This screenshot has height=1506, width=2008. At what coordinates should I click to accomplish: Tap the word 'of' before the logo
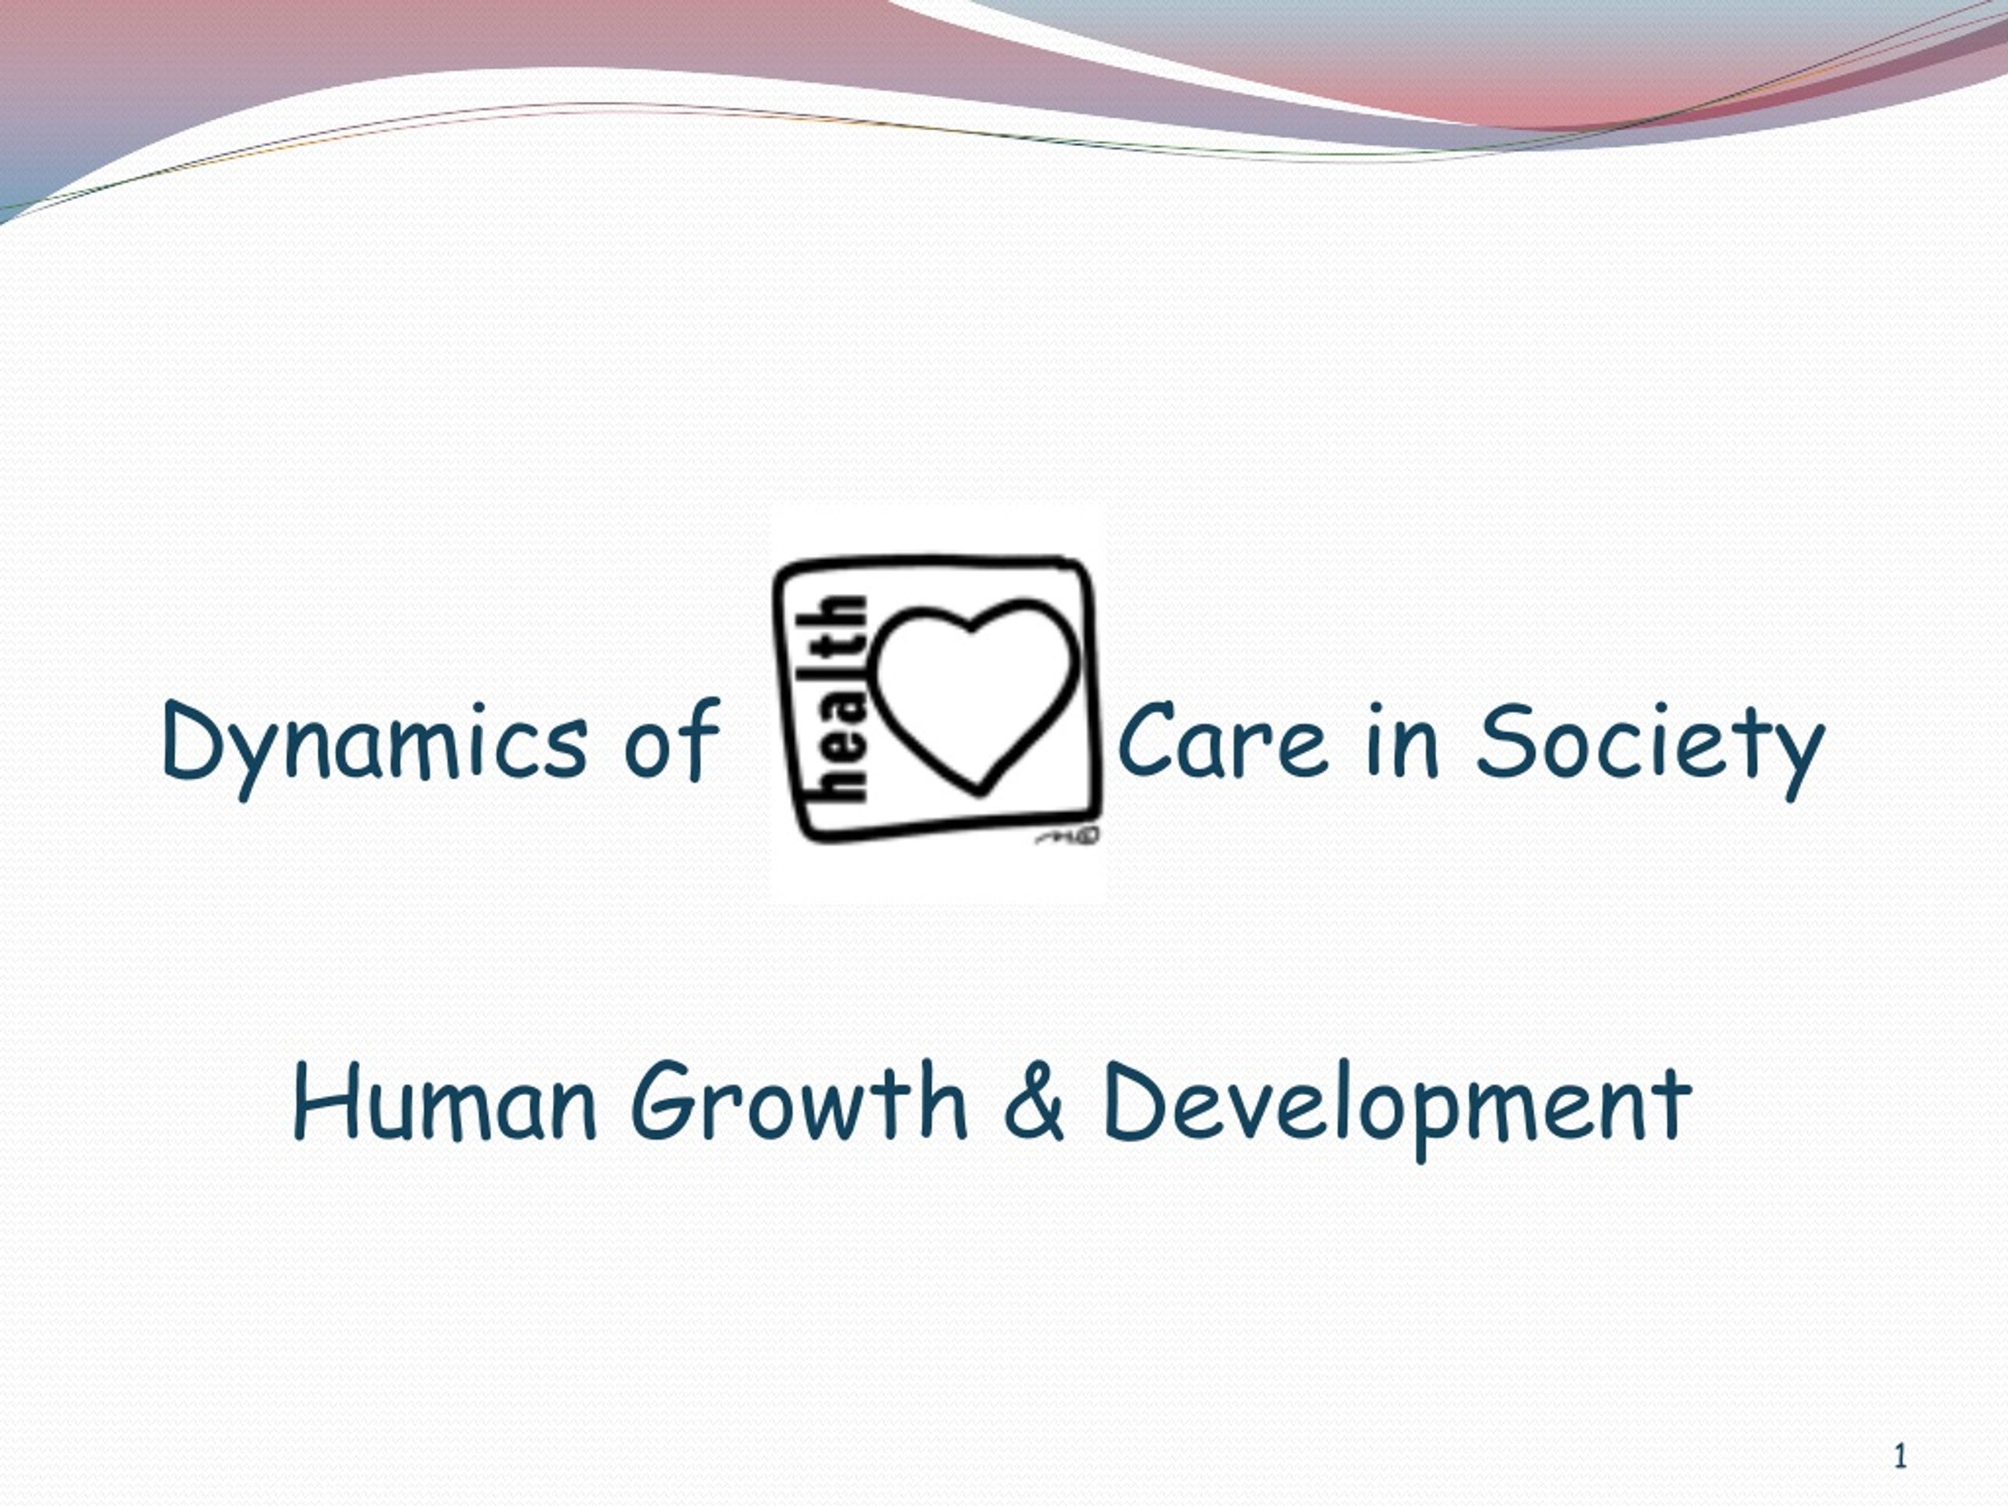(x=671, y=739)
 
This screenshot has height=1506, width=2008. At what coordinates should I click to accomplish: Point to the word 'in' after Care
(x=1402, y=740)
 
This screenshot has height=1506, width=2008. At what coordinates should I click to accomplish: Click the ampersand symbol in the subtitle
(x=1034, y=1101)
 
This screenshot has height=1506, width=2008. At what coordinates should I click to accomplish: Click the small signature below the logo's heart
(x=1068, y=835)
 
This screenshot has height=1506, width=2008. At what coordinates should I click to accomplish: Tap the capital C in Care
(x=1150, y=740)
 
